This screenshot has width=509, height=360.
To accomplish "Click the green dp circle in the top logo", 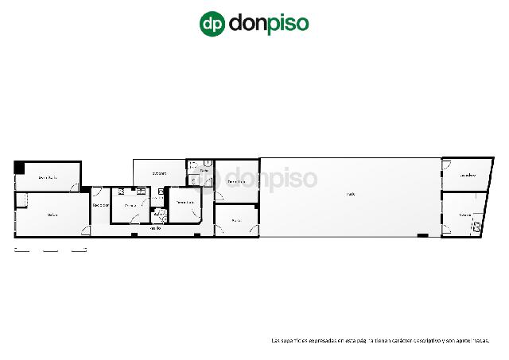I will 212,23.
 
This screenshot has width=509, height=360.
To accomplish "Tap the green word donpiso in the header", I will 268,23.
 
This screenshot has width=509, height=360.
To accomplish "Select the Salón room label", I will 52,215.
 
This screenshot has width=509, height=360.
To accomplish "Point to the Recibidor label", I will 100,206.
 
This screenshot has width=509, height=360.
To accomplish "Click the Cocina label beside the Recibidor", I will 130,206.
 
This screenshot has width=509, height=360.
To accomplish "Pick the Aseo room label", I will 157,214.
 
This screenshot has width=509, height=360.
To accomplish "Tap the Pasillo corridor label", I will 157,229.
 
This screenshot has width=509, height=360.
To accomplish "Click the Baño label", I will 204,170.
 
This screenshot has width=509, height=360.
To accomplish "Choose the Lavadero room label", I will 467,176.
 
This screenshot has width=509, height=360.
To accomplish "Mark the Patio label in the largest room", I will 350,194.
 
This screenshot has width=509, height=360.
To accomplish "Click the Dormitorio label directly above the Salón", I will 47,177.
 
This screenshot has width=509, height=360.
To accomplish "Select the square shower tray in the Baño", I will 192,180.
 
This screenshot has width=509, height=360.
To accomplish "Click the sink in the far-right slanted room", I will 476,227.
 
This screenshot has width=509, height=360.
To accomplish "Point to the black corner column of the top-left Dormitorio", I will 19,166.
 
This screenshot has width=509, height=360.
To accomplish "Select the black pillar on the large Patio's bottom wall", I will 422,236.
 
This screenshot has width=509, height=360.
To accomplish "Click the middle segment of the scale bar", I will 51,250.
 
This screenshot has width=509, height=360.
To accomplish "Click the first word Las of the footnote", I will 275,340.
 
